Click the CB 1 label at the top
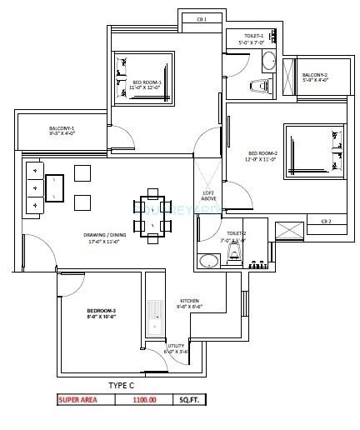[201, 18]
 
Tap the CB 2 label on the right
[326, 221]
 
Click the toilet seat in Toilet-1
[259, 85]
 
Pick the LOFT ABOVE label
[209, 197]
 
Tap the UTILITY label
[176, 347]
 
